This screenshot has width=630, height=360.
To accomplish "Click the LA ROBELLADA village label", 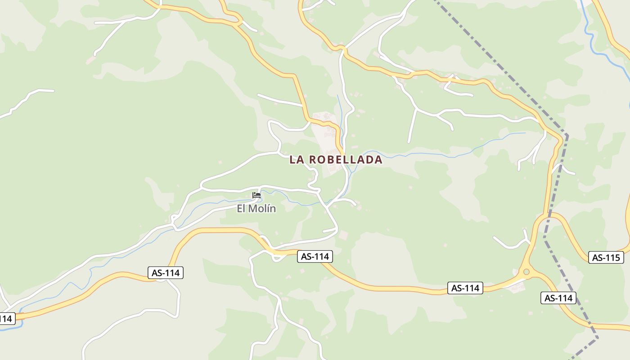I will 336,160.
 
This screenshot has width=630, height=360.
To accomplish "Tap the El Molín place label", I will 256,209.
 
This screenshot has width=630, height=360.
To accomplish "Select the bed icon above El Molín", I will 256,195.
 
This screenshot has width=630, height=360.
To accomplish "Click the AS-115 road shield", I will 606,258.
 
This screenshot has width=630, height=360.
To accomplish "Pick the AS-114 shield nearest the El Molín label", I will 315,256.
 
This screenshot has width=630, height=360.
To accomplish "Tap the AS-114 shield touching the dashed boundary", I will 558,298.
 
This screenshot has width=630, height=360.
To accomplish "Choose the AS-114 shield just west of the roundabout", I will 465,288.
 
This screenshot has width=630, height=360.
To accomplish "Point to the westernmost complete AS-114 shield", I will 166,273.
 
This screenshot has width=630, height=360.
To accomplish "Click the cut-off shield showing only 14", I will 6,319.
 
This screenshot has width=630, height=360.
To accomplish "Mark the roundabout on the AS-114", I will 526,272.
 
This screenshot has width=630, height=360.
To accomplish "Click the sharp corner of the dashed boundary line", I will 567,135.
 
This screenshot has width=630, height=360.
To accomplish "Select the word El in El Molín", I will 242,209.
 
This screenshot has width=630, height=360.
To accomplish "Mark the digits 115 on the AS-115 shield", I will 613,258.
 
